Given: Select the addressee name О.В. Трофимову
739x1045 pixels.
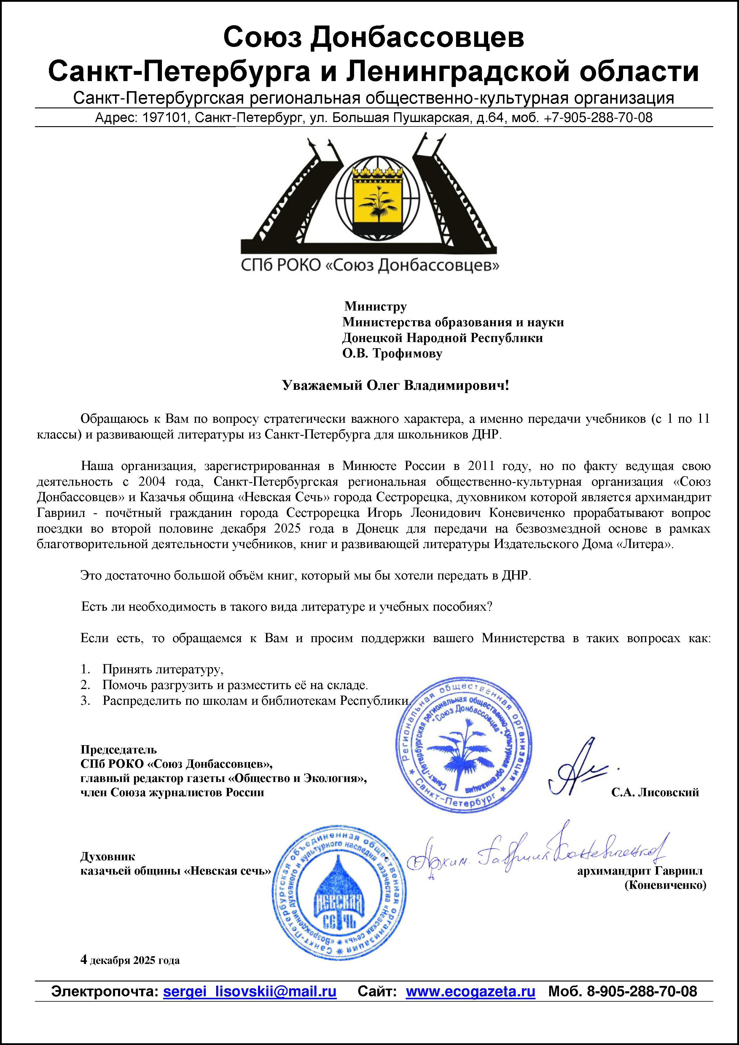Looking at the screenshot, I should click(x=392, y=354).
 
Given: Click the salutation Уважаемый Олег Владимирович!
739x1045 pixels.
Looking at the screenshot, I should click(x=395, y=386).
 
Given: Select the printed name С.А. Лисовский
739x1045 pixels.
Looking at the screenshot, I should click(x=655, y=792).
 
